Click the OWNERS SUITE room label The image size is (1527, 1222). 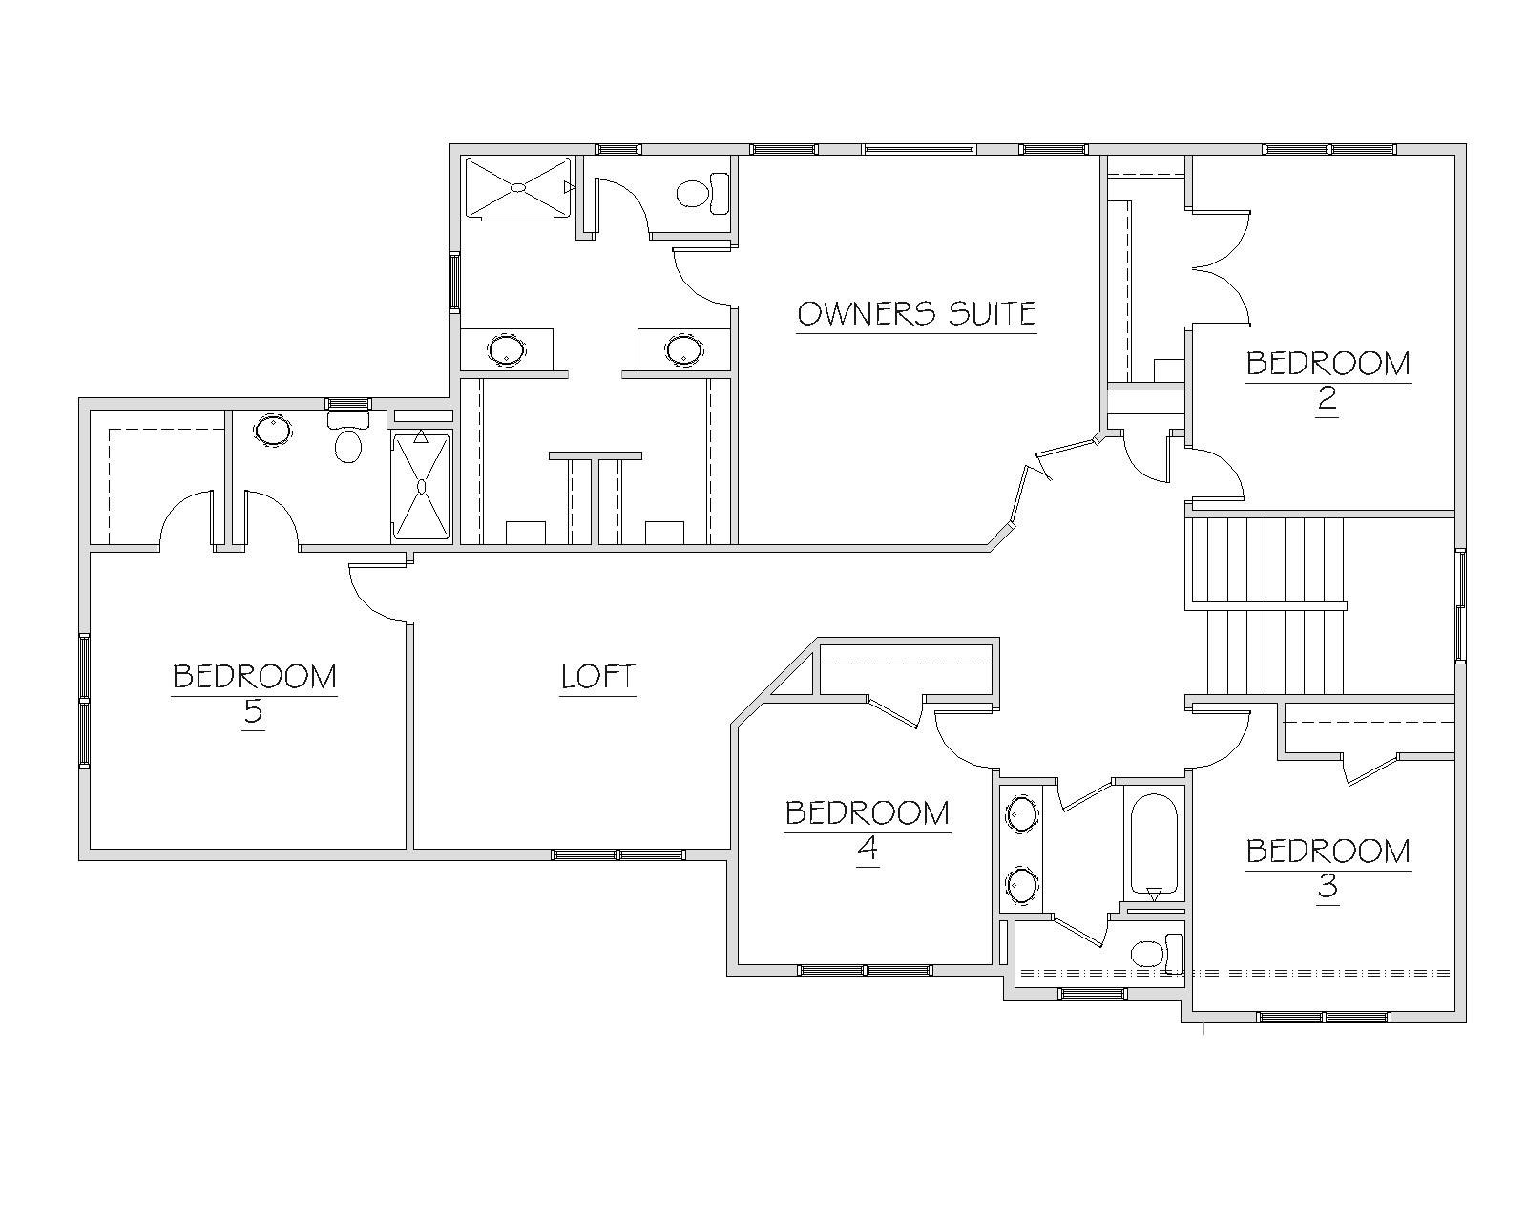click(916, 314)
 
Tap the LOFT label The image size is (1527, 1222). click(597, 677)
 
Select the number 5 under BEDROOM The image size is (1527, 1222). click(253, 710)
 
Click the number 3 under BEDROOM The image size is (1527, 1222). click(1328, 886)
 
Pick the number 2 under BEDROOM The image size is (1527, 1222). click(1327, 398)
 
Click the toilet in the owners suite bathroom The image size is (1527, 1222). click(703, 193)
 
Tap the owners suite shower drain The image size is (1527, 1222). click(518, 187)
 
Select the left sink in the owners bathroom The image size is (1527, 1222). click(507, 349)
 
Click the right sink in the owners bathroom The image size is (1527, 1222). click(683, 349)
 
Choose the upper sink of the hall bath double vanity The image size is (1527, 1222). click(1022, 813)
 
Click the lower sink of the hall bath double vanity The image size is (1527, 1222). click(1022, 885)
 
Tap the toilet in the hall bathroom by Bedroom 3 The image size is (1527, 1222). click(1157, 954)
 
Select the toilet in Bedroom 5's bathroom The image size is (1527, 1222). click(347, 437)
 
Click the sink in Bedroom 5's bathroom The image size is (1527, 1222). click(273, 430)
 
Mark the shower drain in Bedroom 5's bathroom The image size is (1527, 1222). click(422, 486)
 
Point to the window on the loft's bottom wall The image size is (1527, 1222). click(618, 854)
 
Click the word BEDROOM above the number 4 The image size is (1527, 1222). click(868, 813)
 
